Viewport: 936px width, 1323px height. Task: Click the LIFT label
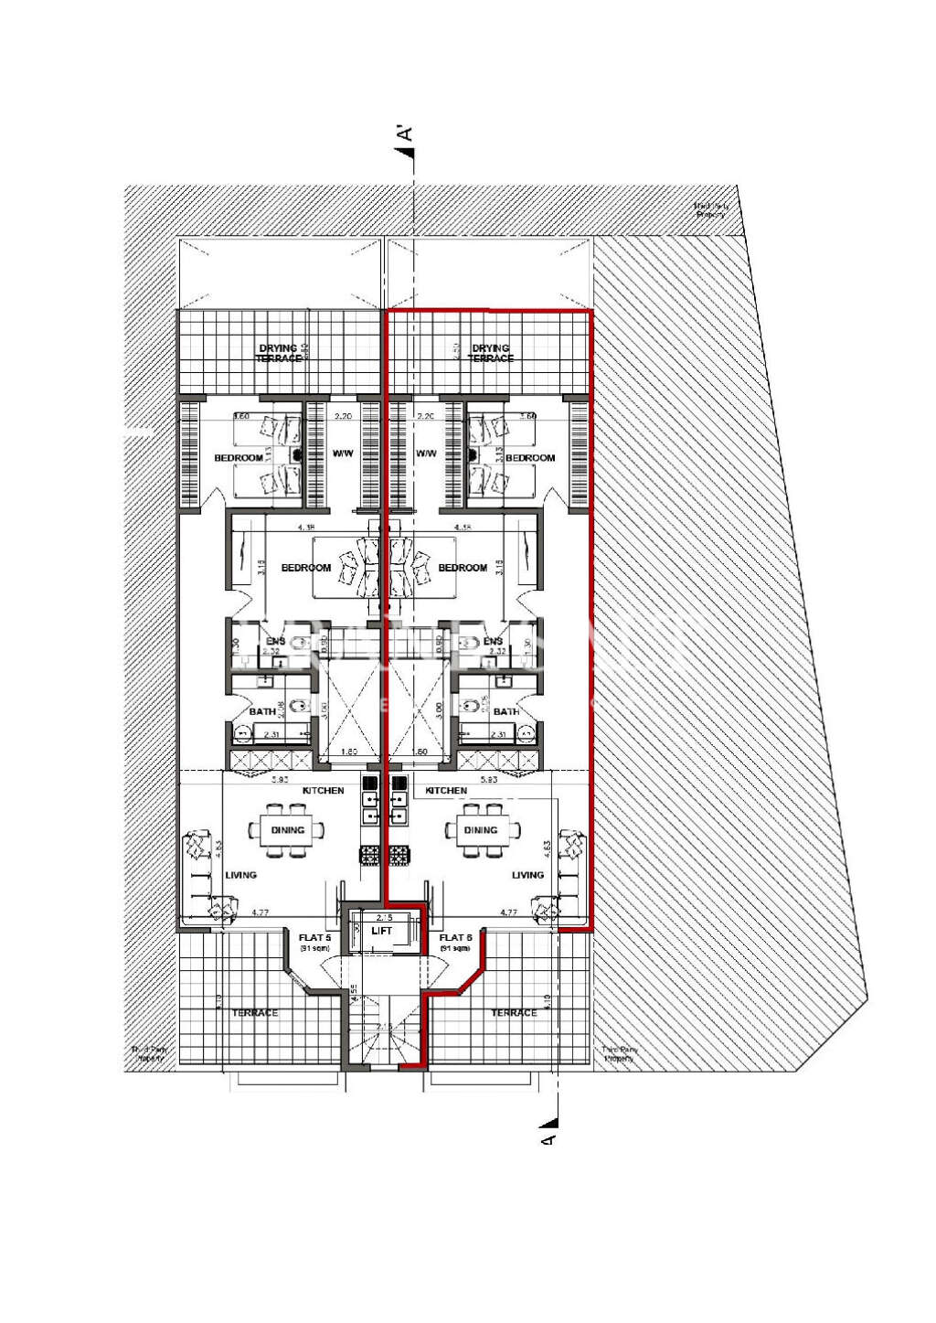click(381, 931)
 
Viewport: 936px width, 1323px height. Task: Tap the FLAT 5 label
click(314, 937)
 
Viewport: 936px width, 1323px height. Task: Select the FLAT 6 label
click(455, 937)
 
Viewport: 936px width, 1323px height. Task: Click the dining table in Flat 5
click(287, 830)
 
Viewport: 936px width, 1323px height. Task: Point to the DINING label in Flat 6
click(480, 830)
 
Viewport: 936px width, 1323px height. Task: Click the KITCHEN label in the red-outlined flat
click(446, 790)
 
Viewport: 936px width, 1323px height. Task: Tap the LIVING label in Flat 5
click(240, 875)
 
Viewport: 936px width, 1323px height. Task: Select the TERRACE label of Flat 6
click(514, 1013)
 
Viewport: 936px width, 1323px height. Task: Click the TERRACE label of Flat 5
click(254, 1013)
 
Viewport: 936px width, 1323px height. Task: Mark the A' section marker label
click(404, 133)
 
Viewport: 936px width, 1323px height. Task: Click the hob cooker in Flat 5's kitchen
click(370, 855)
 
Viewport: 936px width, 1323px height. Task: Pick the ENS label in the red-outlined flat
click(493, 642)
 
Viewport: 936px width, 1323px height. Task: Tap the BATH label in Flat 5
click(262, 711)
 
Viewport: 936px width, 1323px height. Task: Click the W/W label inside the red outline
click(426, 453)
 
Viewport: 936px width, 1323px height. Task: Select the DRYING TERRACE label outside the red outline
click(278, 353)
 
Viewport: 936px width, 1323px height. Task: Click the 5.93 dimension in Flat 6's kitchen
click(488, 780)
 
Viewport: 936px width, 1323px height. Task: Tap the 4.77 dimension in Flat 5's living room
click(260, 912)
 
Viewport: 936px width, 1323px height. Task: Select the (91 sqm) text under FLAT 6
click(455, 949)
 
